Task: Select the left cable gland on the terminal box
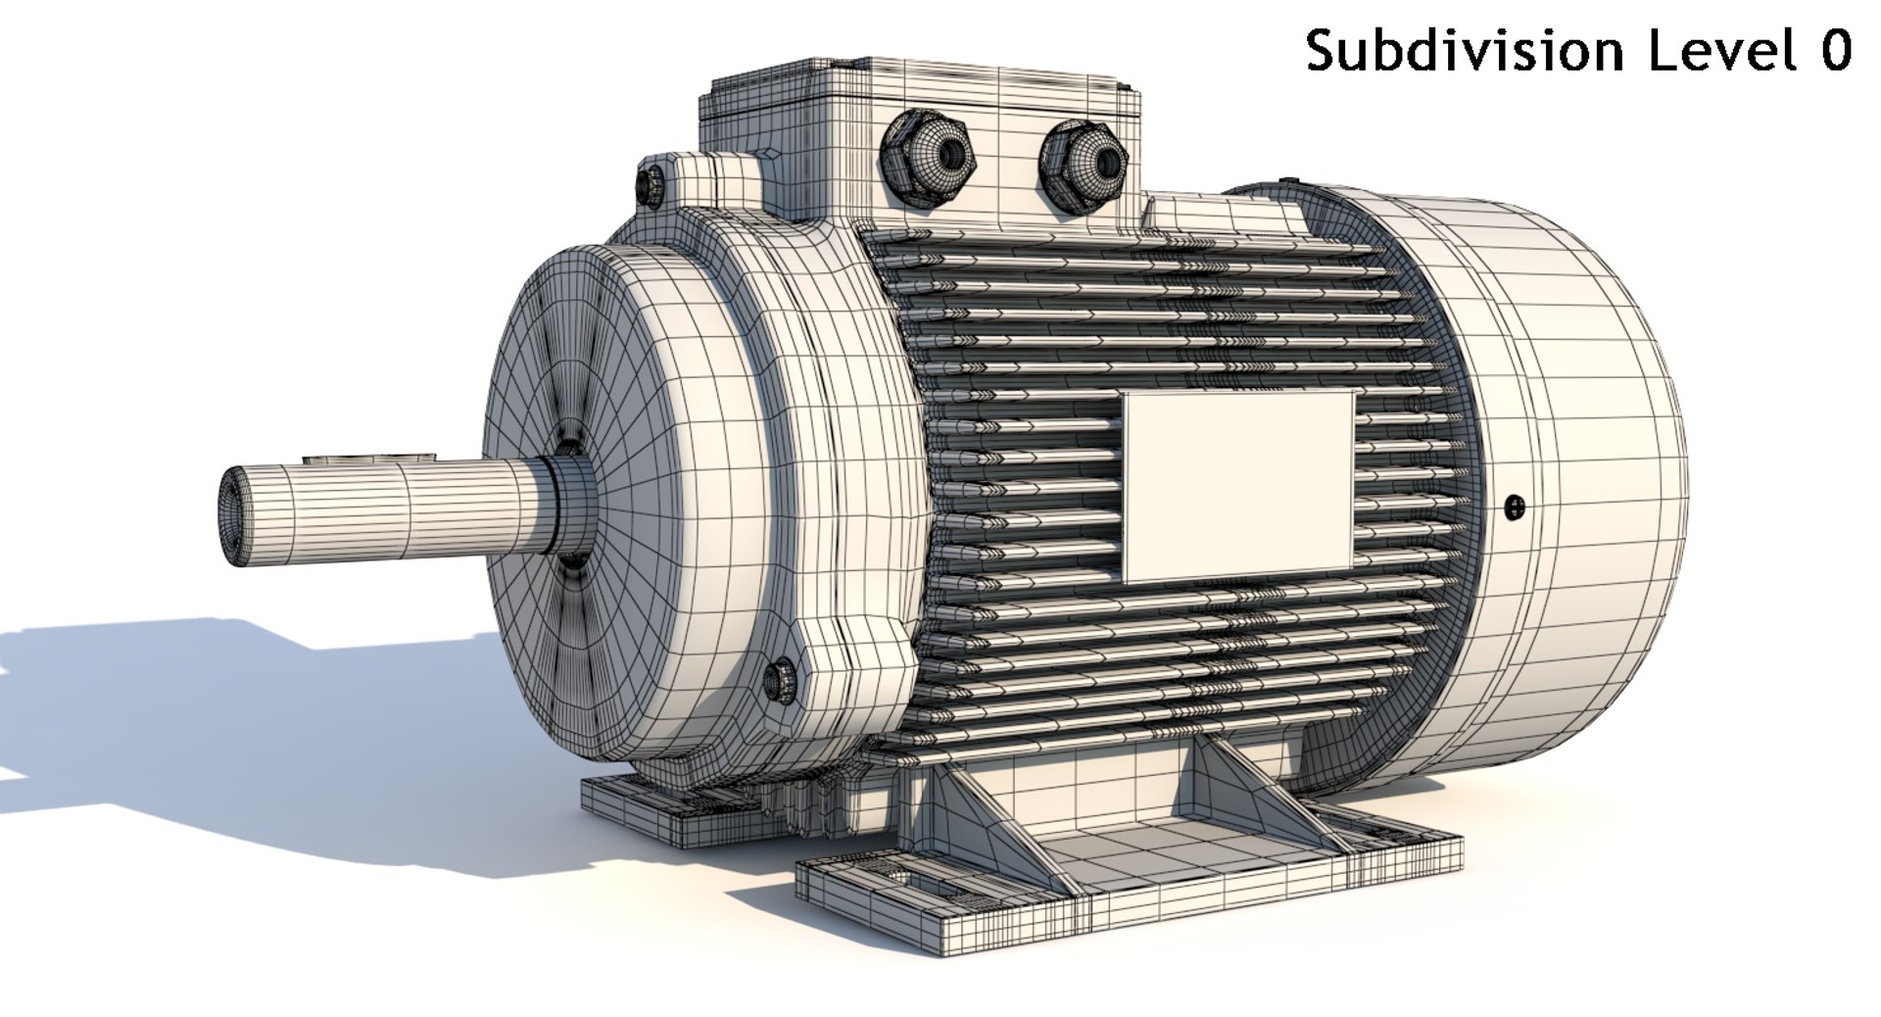[926, 157]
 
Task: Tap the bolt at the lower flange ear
[781, 679]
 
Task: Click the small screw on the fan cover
[1515, 507]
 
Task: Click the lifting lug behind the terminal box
[1225, 214]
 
